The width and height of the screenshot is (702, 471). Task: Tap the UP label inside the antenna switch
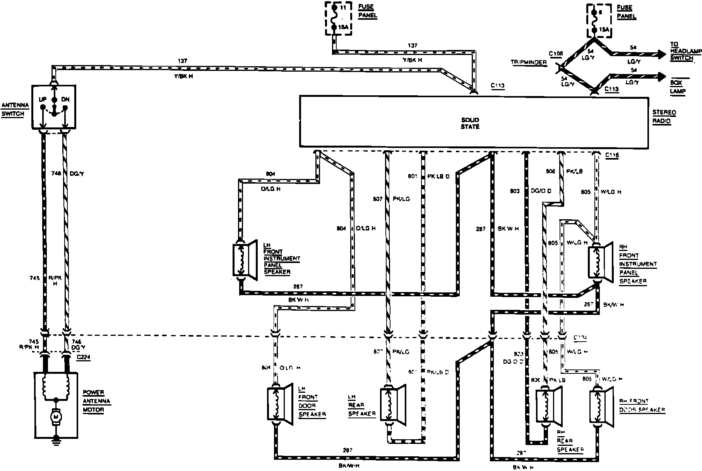pyautogui.click(x=43, y=99)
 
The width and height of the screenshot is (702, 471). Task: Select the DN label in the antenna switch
pyautogui.click(x=65, y=99)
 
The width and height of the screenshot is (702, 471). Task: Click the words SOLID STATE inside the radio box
pyautogui.click(x=470, y=123)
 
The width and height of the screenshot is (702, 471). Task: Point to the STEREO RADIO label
pyautogui.click(x=664, y=117)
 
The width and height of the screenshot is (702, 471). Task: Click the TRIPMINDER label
pyautogui.click(x=533, y=62)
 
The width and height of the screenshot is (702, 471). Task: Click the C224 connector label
pyautogui.click(x=83, y=358)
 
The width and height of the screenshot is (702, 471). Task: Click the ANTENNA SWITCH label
pyautogui.click(x=13, y=109)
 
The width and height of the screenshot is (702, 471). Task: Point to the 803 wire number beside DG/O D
pyautogui.click(x=514, y=191)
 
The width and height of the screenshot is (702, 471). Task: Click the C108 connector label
pyautogui.click(x=556, y=53)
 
